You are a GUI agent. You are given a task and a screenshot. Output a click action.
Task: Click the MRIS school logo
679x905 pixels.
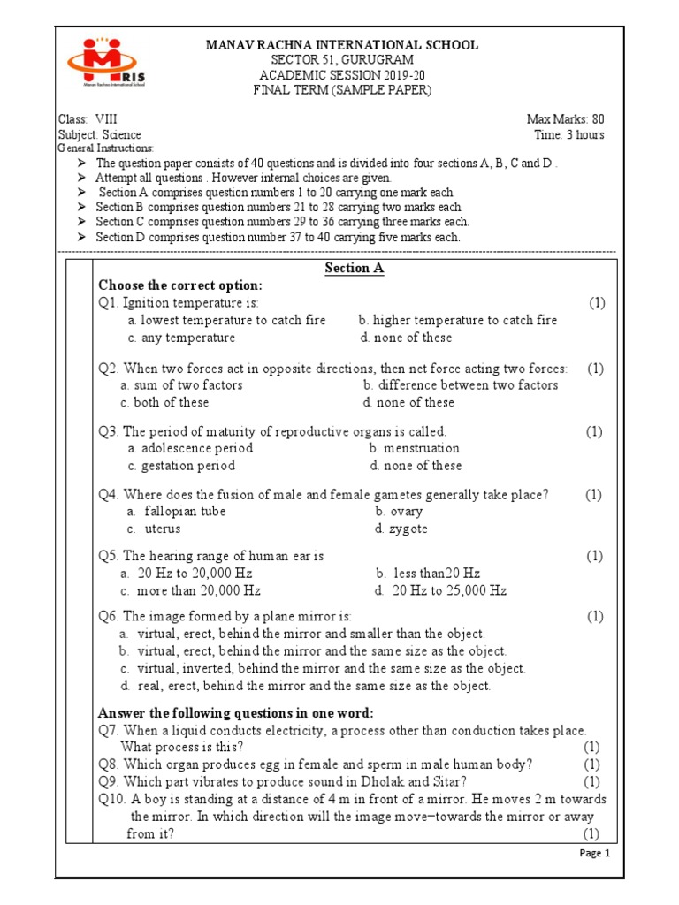[107, 63]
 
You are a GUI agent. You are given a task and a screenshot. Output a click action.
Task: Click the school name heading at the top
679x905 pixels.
[342, 45]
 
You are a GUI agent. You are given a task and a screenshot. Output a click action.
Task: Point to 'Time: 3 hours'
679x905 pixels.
[569, 135]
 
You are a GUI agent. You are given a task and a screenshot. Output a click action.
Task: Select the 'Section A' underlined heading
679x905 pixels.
[354, 269]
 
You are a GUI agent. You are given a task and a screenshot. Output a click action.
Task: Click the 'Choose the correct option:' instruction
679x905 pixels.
[180, 285]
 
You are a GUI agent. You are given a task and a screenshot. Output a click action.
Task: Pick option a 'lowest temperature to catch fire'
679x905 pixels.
[226, 321]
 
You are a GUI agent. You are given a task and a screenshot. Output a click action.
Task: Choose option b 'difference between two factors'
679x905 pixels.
[460, 385]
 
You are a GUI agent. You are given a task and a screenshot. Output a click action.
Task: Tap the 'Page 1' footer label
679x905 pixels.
[594, 853]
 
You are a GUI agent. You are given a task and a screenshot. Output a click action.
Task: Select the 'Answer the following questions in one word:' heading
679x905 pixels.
[236, 713]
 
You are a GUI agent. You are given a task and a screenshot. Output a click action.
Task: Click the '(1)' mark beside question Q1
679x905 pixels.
[597, 303]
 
